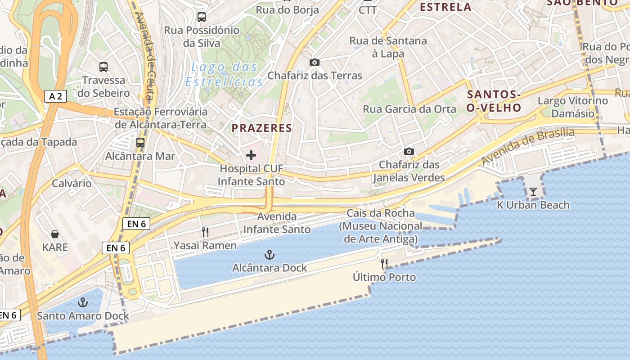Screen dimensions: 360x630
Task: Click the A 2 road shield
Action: tap(56, 96)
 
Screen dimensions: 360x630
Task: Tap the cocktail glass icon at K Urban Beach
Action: tap(533, 192)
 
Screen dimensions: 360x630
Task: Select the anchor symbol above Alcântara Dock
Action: tap(269, 255)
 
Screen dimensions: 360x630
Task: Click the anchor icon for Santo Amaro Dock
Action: tap(83, 302)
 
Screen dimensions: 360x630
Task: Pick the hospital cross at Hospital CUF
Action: tap(251, 155)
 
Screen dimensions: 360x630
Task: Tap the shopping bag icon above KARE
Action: tap(55, 234)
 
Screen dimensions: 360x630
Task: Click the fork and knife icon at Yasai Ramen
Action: tap(205, 232)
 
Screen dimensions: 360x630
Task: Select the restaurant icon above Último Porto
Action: tap(384, 264)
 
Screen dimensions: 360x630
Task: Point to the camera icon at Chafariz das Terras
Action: tap(315, 62)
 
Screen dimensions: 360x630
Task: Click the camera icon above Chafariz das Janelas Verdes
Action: tap(409, 151)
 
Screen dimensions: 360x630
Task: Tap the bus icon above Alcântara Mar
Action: tap(140, 143)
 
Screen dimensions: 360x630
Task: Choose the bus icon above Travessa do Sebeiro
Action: tap(103, 67)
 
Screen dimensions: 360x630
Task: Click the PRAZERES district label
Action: tap(262, 128)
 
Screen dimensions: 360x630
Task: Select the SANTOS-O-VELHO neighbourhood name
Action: tap(494, 101)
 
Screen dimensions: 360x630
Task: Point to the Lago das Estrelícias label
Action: tap(224, 75)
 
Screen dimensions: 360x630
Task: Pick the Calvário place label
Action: tap(72, 183)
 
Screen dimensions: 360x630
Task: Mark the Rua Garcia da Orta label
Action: tap(409, 109)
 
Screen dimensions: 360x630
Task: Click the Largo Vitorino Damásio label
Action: tap(572, 107)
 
